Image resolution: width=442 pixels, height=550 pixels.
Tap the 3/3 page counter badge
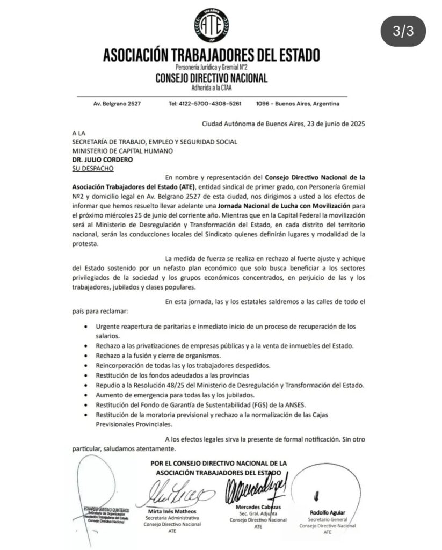click(403, 31)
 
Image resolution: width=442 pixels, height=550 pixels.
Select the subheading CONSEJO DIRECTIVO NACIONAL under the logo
click(211, 78)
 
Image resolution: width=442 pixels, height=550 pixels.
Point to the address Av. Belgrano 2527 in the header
click(117, 103)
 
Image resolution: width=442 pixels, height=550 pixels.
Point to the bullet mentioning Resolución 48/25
click(230, 385)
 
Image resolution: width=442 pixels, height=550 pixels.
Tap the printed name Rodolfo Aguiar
click(328, 512)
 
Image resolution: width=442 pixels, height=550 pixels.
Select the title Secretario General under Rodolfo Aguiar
click(328, 519)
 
